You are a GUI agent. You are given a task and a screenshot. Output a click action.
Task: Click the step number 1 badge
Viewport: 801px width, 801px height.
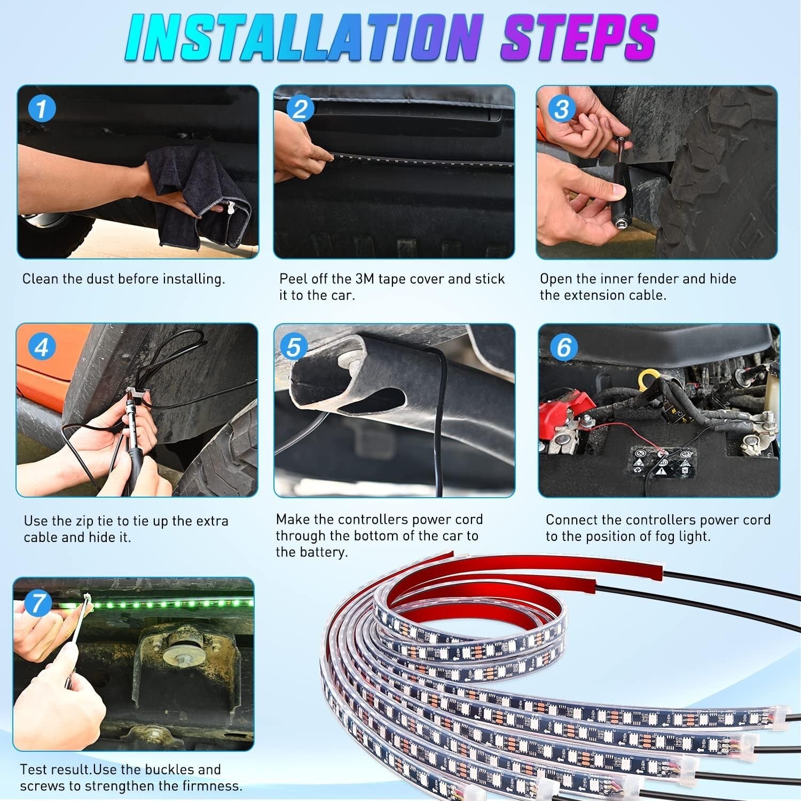pos(41,109)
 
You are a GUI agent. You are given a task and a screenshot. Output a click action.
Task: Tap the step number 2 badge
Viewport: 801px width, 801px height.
pos(300,109)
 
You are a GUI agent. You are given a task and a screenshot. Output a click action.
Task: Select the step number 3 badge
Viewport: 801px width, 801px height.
pos(561,109)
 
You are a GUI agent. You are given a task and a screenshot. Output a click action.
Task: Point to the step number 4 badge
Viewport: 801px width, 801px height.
pos(41,347)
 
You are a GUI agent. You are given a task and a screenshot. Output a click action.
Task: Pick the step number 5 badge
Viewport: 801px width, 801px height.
pos(294,347)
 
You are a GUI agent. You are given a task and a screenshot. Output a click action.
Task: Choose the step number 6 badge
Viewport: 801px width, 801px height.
pos(564,347)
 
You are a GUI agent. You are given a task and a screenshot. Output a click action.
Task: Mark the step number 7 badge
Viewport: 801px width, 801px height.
pos(37,603)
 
